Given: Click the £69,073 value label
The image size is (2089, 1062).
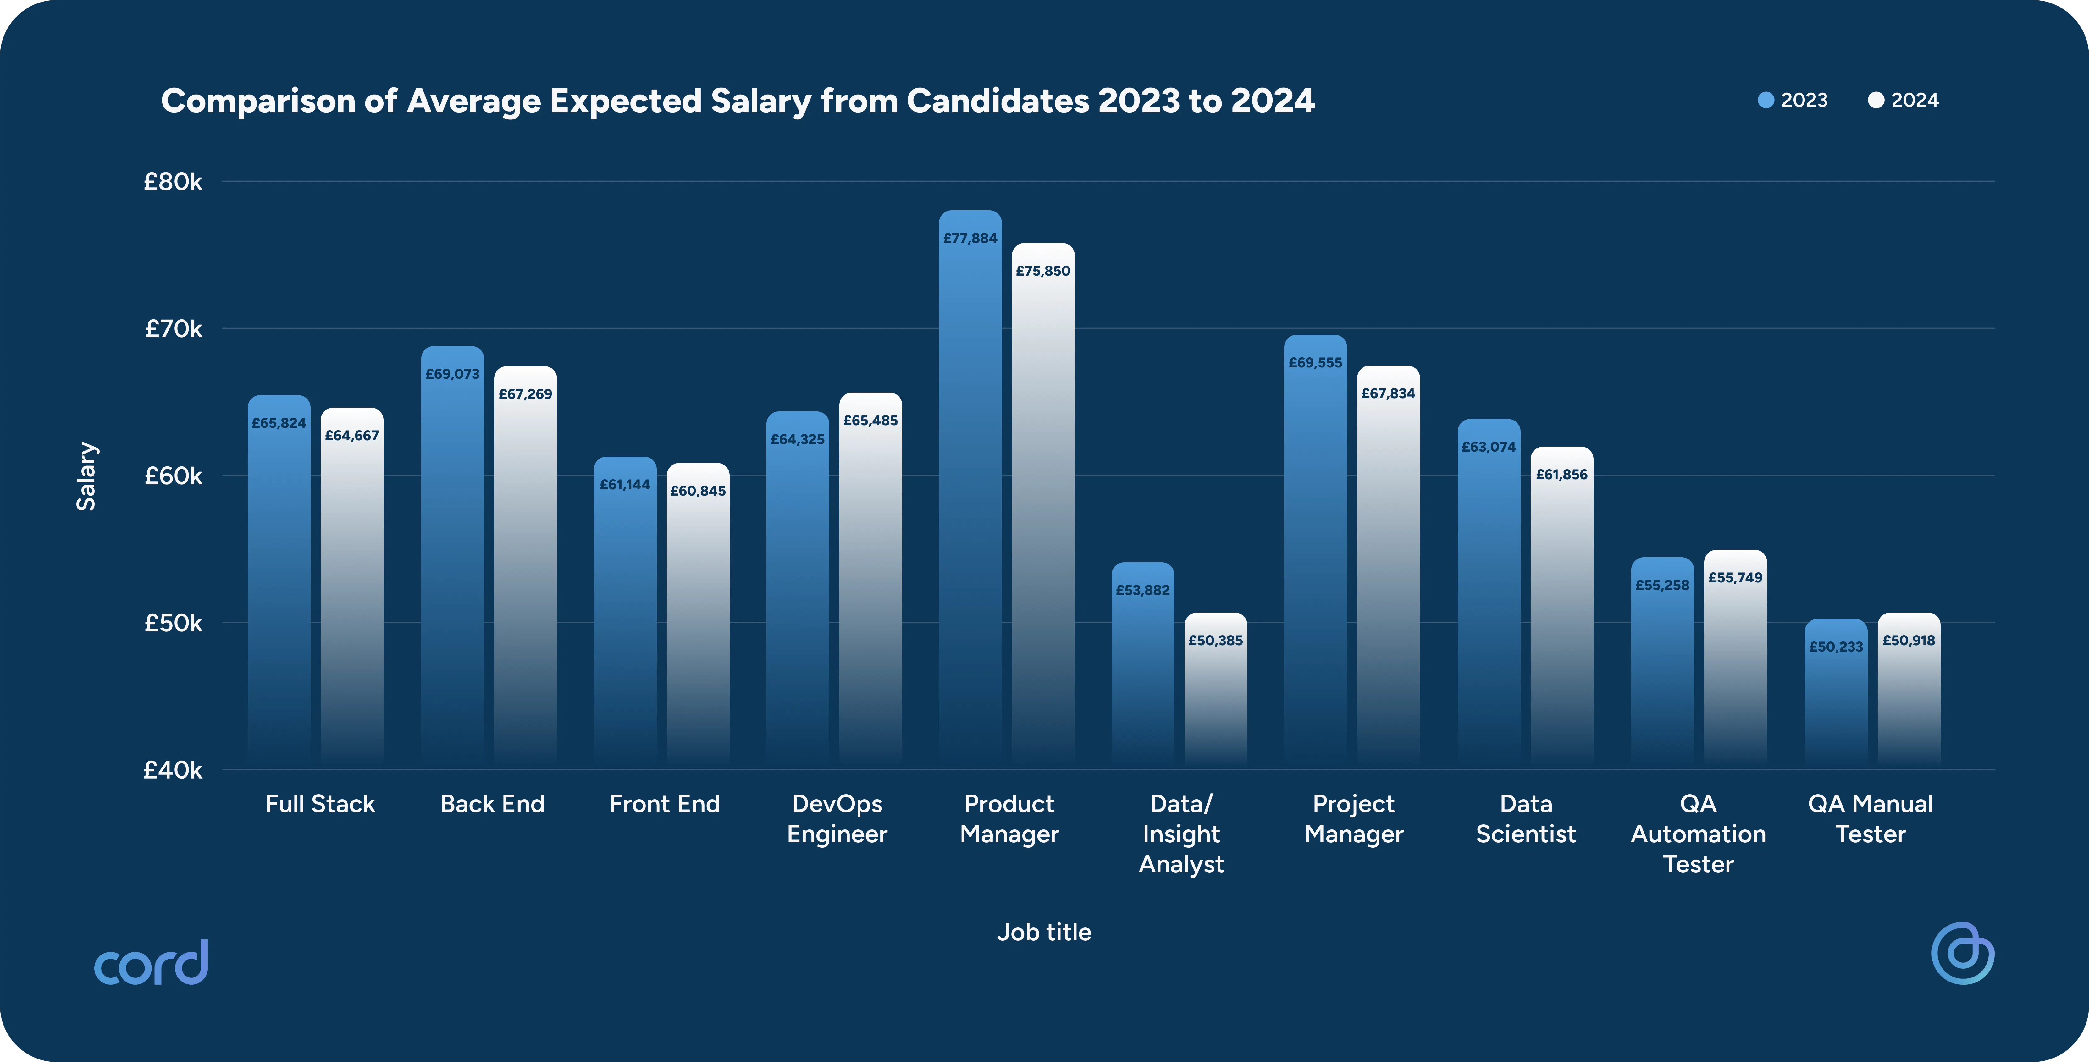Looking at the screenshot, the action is tap(452, 374).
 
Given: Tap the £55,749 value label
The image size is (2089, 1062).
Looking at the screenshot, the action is tap(1735, 577).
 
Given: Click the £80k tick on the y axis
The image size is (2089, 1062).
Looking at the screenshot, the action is tap(173, 182).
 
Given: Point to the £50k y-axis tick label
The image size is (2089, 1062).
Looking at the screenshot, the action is tap(173, 623).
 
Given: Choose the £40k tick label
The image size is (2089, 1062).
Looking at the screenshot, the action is tap(173, 769).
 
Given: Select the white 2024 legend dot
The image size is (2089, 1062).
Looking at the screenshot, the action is tap(1876, 100).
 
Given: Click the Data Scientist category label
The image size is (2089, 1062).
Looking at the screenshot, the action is tap(1525, 819).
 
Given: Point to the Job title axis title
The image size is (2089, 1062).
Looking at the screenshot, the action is tap(1044, 932).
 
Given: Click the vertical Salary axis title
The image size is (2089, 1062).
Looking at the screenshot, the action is tap(86, 476).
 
